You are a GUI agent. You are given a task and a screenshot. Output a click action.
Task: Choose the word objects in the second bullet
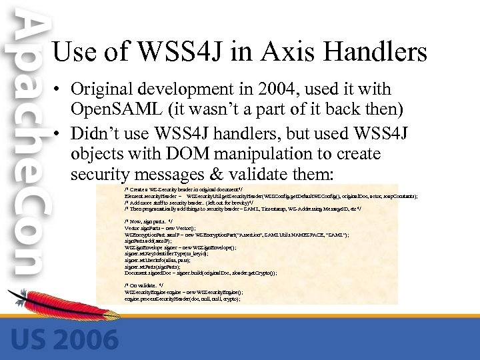coord(97,154)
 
